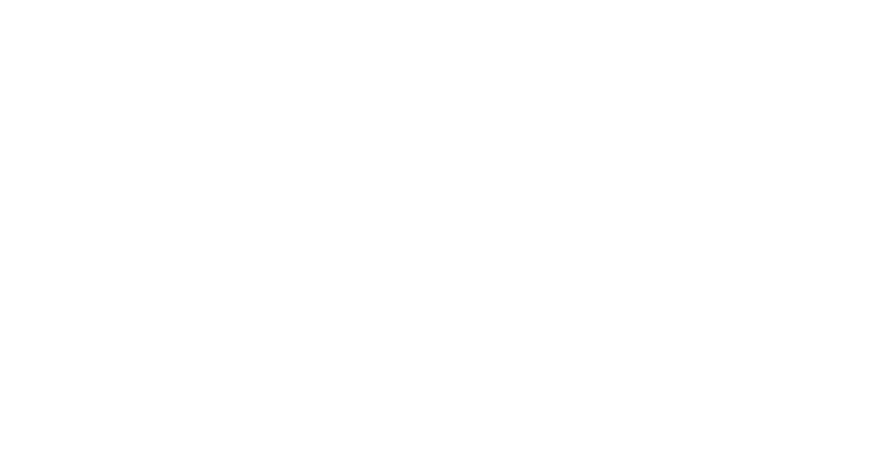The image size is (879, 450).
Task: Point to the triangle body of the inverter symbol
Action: (219, 261)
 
